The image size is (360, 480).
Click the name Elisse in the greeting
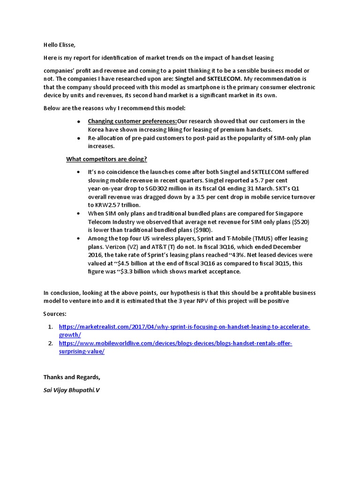[x=65, y=45]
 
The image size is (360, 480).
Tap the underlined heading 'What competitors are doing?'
[x=106, y=159]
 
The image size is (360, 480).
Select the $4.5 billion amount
[x=130, y=264]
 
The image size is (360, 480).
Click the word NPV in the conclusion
[x=201, y=301]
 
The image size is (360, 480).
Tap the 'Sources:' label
[x=55, y=314]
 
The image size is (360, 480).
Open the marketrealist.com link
[x=184, y=327]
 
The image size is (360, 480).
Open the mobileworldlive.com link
[x=175, y=344]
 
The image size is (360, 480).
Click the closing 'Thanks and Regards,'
[x=72, y=377]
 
